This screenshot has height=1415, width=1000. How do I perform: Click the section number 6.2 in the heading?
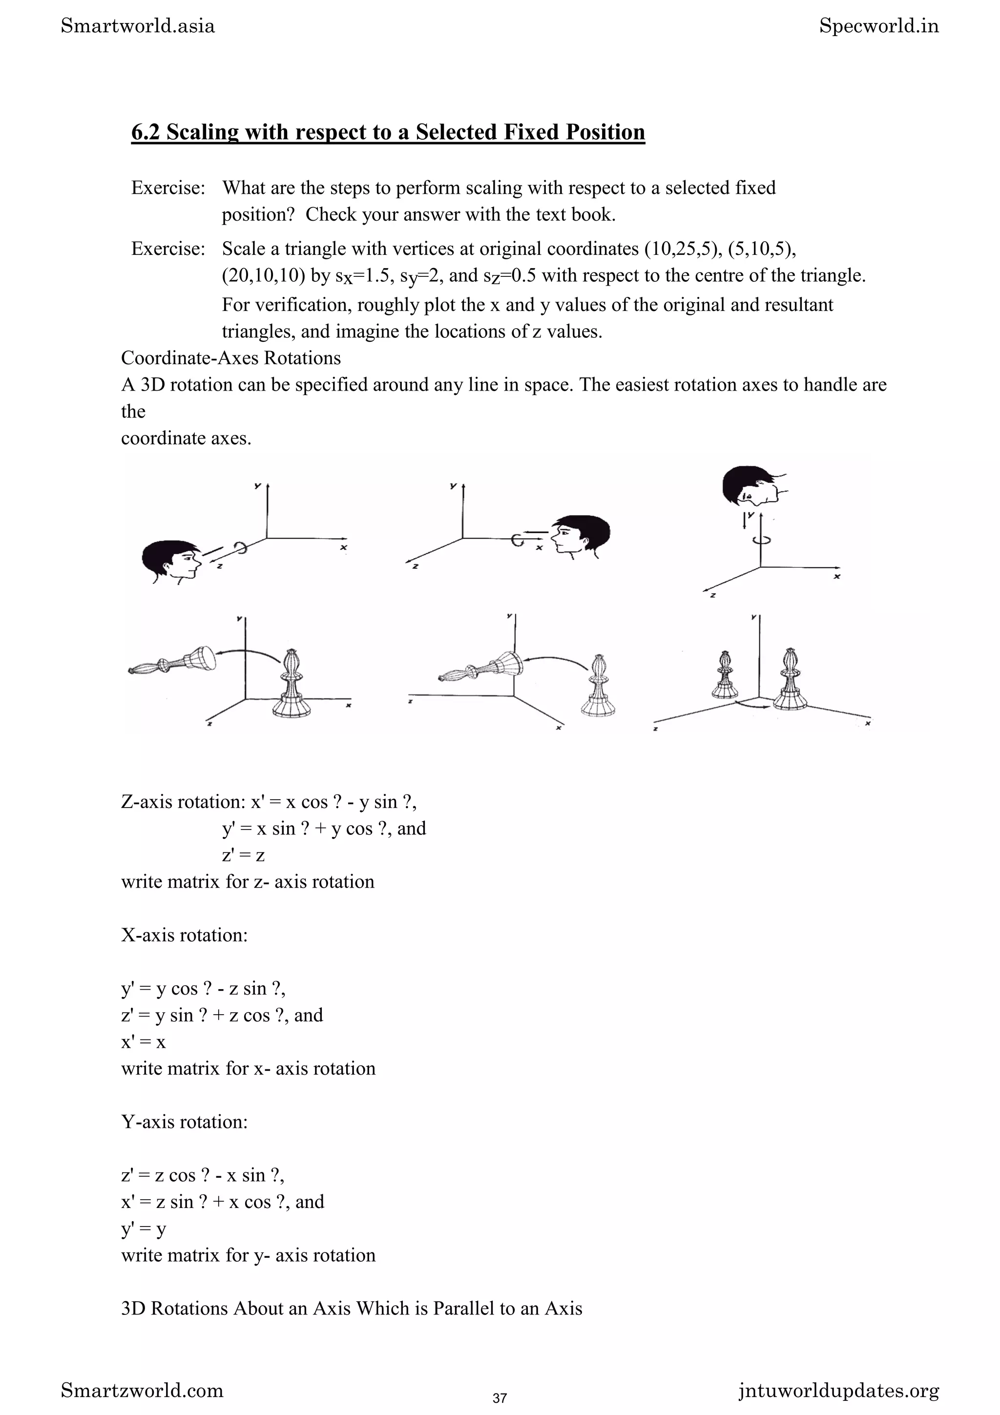(146, 132)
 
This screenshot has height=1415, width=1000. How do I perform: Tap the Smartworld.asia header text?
(138, 26)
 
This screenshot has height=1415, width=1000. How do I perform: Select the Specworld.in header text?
(878, 26)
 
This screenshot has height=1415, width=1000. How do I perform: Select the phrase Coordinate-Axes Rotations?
(231, 358)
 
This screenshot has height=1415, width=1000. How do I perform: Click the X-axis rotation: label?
(184, 935)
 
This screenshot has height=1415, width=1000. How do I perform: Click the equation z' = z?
(243, 855)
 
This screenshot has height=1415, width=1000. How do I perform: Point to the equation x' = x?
(144, 1041)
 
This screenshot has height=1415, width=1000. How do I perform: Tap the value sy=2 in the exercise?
(419, 276)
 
